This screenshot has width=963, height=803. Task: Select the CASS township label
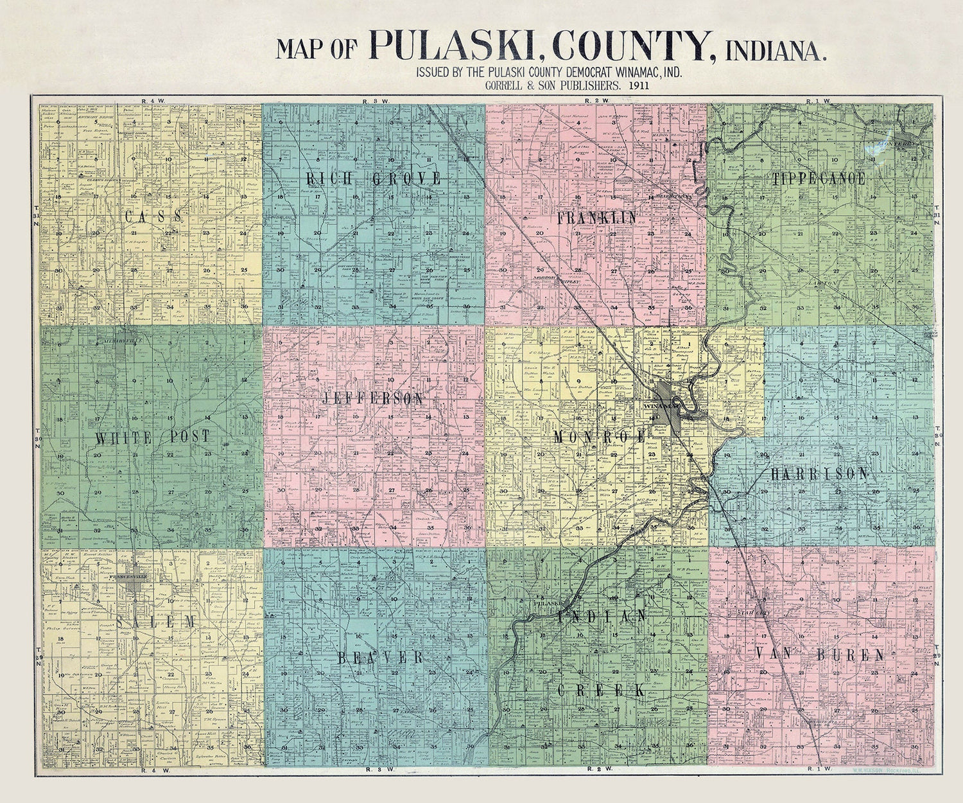[153, 216]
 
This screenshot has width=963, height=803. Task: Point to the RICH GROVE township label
[374, 179]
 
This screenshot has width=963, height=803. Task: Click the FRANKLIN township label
[597, 218]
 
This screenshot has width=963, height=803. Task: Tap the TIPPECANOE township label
[819, 179]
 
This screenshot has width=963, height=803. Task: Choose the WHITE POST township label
[153, 437]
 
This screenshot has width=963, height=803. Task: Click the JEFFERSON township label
[373, 399]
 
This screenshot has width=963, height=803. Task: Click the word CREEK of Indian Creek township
[600, 691]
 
